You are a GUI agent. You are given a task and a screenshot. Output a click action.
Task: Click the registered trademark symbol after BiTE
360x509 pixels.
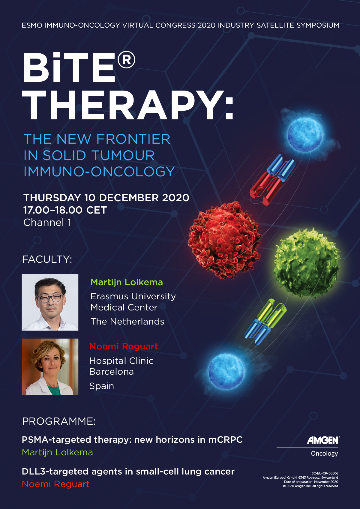126,60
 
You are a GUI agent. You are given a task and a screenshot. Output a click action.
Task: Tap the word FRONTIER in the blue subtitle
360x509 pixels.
133,139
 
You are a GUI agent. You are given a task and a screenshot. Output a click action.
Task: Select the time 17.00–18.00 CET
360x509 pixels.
65,210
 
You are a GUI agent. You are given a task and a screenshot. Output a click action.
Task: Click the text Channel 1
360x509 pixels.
47,223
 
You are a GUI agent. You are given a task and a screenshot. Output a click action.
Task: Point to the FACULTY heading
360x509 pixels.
47,259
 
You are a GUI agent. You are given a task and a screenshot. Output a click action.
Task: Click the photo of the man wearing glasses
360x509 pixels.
50,302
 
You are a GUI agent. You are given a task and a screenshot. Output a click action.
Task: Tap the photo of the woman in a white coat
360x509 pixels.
50,367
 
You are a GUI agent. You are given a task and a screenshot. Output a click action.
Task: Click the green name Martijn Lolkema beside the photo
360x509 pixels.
127,282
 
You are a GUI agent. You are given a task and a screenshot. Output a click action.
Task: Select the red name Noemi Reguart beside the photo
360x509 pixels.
124,346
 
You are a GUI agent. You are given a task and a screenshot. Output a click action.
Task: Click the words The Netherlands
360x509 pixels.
127,322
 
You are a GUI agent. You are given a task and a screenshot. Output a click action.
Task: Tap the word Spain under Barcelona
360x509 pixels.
102,386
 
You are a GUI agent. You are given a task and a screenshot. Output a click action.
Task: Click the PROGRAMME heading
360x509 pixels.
59,421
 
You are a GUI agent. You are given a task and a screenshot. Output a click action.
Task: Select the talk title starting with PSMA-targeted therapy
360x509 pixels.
132,440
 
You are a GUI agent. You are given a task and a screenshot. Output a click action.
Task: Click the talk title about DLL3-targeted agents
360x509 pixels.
128,472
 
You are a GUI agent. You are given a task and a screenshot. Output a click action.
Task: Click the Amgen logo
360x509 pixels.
323,440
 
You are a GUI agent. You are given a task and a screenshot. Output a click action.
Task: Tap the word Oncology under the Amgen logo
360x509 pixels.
324,454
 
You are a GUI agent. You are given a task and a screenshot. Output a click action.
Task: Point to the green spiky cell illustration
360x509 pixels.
307,262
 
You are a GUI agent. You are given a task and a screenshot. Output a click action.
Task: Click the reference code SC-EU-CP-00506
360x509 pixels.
325,473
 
